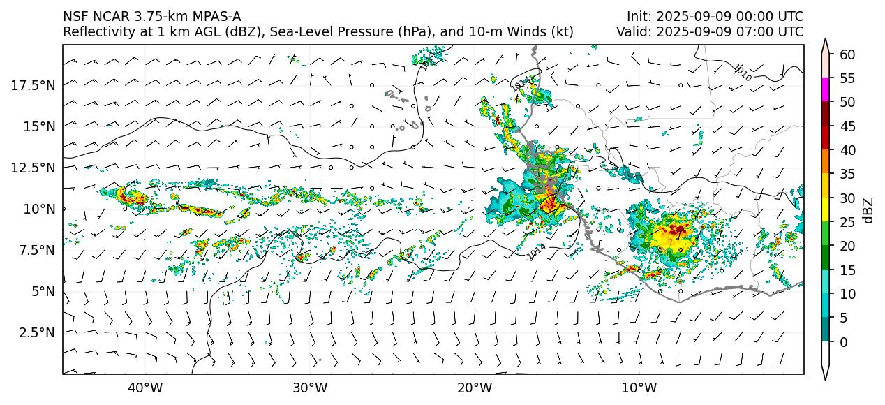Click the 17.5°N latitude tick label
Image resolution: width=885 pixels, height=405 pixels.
34,85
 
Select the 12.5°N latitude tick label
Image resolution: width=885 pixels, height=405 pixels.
34,168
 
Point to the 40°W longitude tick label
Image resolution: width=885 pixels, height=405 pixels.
145,388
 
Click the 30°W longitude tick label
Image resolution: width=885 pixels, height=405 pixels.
310,388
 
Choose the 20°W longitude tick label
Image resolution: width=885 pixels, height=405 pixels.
475,388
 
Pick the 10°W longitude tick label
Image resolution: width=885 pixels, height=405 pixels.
639,388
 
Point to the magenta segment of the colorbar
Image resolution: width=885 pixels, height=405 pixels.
826,90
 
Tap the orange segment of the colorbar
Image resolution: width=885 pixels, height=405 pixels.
826,162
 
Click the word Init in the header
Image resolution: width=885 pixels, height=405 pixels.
638,17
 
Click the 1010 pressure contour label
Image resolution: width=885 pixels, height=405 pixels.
743,72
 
